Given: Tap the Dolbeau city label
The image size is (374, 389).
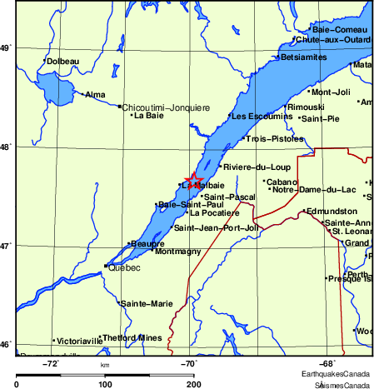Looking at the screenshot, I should tap(63, 61).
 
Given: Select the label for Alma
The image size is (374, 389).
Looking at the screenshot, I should tap(96, 94).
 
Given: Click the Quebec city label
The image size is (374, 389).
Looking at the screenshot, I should tap(124, 267).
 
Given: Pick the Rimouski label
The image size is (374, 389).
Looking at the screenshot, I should tap(305, 107).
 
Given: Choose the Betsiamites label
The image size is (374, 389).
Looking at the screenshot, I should tap(307, 57).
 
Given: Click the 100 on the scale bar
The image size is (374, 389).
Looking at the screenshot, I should tap(105, 383).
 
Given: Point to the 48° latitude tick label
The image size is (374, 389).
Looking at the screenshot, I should tap(5, 147).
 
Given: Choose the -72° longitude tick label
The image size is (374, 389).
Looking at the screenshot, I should tap(52, 362).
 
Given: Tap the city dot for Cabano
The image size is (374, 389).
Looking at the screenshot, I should tap(264, 181).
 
